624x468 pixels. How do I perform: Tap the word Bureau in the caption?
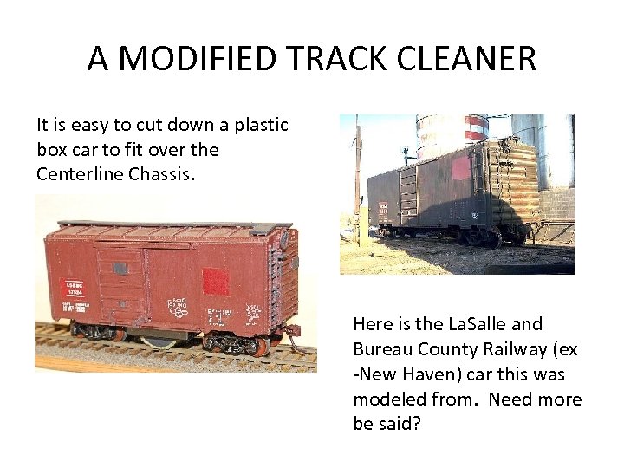(383, 349)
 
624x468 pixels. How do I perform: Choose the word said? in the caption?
(399, 425)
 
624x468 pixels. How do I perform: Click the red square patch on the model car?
(215, 283)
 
